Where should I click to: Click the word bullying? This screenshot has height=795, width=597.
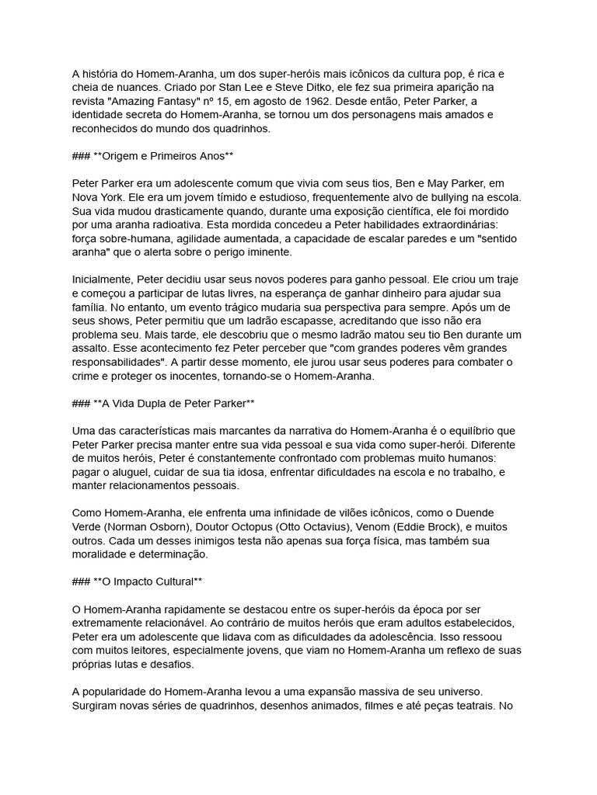coord(422,197)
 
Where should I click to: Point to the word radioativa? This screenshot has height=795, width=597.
coord(187,224)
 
